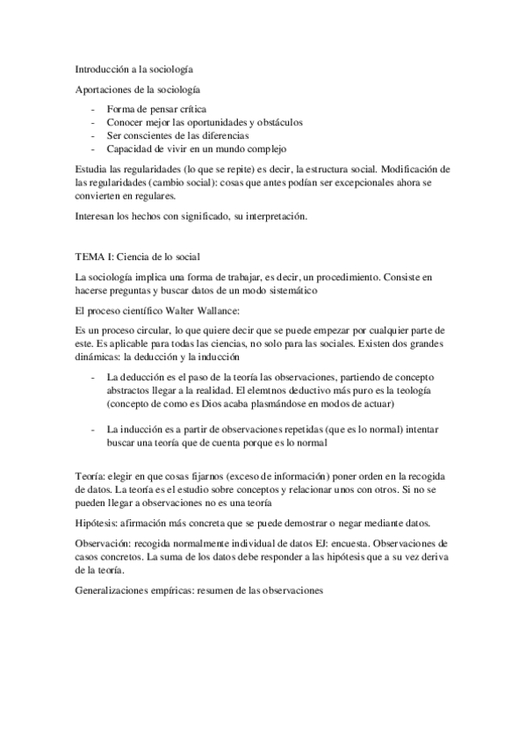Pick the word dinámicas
coord(97,358)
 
